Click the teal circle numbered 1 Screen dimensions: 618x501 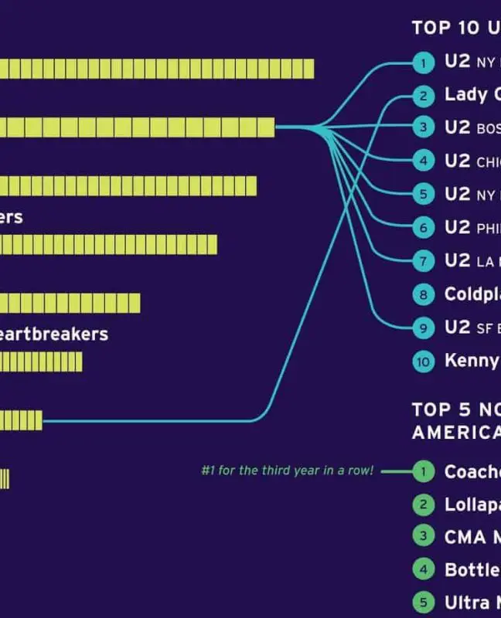423,63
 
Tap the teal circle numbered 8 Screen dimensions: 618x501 423,294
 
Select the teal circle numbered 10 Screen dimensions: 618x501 423,361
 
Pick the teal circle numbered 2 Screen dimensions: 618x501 423,96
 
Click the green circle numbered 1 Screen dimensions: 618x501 423,471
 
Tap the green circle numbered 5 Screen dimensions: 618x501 423,603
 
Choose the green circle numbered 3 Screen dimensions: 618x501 423,537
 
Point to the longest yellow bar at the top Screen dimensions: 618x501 155,68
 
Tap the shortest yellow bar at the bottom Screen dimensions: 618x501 4,479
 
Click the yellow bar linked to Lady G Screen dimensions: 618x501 21,420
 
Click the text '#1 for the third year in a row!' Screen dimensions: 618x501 287,470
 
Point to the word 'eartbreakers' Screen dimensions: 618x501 54,334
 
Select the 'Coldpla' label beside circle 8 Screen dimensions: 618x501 472,294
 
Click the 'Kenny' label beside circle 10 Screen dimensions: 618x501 472,361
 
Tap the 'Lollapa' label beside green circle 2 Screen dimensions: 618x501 472,504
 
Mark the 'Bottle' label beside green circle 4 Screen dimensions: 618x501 472,570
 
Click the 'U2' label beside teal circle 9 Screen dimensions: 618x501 457,328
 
